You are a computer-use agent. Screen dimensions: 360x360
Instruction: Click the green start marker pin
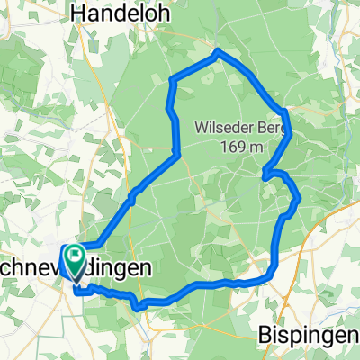click(x=74, y=260)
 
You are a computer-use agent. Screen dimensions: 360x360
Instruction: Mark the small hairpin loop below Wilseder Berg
click(x=266, y=175)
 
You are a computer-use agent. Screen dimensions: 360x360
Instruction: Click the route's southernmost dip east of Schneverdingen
click(x=137, y=306)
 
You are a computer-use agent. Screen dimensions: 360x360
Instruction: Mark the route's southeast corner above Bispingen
click(x=270, y=276)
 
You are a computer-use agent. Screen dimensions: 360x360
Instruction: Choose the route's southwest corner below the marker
click(x=76, y=291)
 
